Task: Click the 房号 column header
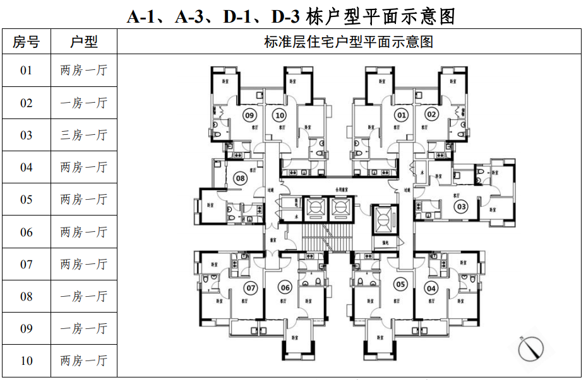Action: point(26,42)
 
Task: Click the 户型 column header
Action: point(84,42)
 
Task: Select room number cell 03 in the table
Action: point(26,135)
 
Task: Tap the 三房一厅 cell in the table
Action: point(84,135)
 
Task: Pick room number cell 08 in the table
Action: point(26,296)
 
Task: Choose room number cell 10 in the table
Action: point(26,360)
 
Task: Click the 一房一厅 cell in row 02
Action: point(84,103)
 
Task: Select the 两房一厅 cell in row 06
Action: point(84,232)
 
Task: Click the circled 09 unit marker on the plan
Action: point(249,115)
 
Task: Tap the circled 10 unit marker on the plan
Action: point(279,115)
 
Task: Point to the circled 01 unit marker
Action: point(401,115)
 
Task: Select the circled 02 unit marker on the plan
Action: point(431,115)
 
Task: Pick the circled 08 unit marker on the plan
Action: point(240,179)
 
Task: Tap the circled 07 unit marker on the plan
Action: point(251,289)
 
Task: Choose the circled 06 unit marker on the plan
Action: point(285,289)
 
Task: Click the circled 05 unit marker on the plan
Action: point(400,284)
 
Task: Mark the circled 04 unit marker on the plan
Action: point(432,289)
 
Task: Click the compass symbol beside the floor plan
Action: point(530,348)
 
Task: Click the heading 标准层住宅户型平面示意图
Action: point(349,42)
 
